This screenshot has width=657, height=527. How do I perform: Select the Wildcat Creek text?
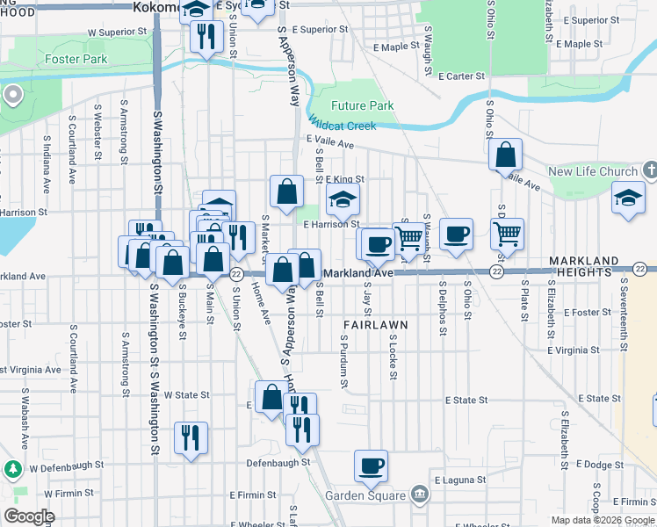[x=342, y=126]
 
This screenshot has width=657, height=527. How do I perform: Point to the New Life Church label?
[x=592, y=171]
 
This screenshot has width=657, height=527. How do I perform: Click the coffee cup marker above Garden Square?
[x=371, y=465]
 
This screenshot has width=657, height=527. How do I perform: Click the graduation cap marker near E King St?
[x=343, y=199]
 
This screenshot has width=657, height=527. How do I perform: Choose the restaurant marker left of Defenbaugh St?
[x=191, y=437]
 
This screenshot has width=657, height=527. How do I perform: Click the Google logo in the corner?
[x=29, y=517]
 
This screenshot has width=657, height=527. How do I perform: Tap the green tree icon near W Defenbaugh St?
[x=13, y=468]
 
